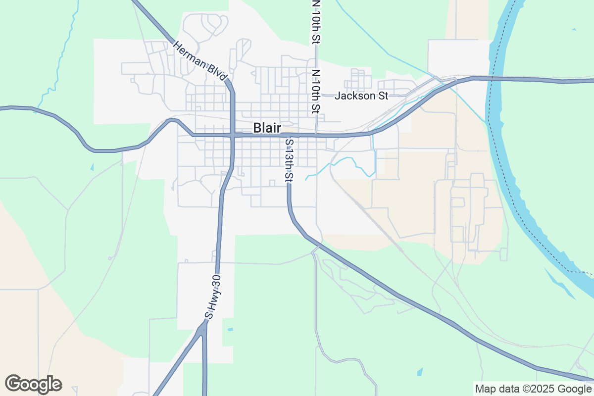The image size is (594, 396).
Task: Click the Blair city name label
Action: (267, 128)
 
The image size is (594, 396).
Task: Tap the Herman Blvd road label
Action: (200, 61)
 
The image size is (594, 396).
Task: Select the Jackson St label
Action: (361, 96)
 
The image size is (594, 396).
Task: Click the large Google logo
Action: (34, 384)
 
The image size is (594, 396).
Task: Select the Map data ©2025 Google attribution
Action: (533, 389)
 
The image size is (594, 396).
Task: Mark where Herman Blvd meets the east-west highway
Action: (232, 135)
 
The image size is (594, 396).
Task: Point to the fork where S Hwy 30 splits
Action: (203, 328)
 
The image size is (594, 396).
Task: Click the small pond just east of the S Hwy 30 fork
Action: (230, 329)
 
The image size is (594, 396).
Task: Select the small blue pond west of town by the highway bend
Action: (92, 167)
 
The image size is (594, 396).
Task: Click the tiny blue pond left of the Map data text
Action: (420, 371)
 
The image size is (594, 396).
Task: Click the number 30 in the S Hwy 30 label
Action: (215, 282)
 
